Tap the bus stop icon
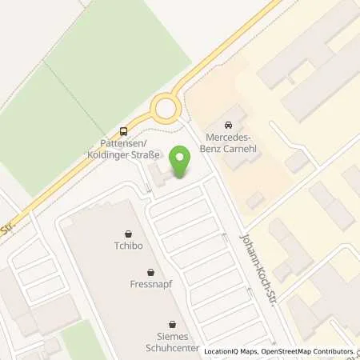click(123, 131)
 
